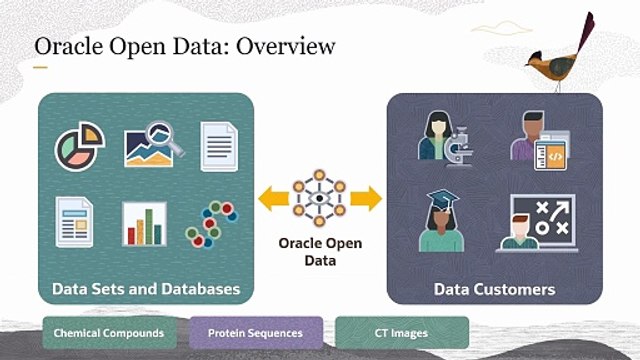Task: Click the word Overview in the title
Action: coord(286,46)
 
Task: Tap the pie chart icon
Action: coord(80,146)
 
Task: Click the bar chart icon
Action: coord(144,224)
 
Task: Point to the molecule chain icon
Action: coord(211,224)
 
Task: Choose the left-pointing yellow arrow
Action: coord(274,198)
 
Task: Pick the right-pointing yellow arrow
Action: coord(366,198)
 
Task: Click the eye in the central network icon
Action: coord(319,198)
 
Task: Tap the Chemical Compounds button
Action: coord(109,333)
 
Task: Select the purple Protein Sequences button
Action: coord(256,333)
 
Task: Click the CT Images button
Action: coord(402,333)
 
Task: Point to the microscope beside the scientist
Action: coord(458,147)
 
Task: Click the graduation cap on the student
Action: coord(442,200)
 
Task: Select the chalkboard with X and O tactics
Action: coord(544,220)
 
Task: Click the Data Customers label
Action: coord(494,289)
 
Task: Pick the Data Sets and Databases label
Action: coord(146,289)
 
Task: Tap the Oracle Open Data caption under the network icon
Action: coord(320,252)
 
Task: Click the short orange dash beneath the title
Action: coord(40,67)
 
